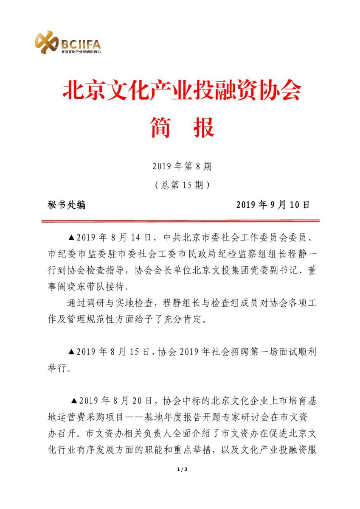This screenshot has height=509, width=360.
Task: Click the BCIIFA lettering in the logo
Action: coord(81,43)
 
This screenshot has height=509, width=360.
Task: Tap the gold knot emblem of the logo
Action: coord(46,42)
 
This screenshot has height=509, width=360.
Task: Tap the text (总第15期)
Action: coord(182,185)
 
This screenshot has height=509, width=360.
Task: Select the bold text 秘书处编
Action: coord(67,205)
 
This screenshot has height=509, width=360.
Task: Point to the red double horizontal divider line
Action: coord(180,221)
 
